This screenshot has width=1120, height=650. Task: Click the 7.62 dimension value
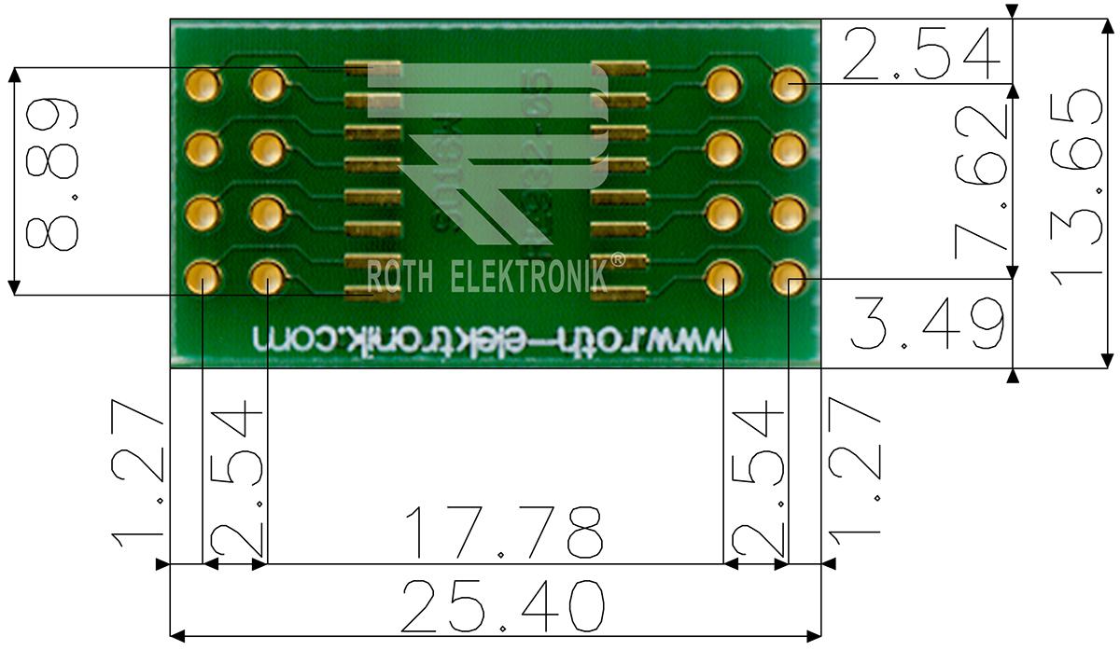click(x=980, y=181)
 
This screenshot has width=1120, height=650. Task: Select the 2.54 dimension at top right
click(x=920, y=55)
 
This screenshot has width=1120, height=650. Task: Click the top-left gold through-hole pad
click(x=203, y=86)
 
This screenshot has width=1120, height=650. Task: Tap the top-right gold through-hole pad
click(x=789, y=86)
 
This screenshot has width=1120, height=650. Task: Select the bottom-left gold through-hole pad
click(x=203, y=277)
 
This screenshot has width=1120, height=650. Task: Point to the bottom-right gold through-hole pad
click(x=789, y=277)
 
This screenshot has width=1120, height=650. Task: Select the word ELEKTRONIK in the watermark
click(x=528, y=277)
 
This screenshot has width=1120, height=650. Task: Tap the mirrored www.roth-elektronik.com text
click(x=489, y=338)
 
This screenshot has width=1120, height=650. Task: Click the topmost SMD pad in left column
click(x=372, y=68)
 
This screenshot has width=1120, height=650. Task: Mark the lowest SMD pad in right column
click(x=619, y=295)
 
